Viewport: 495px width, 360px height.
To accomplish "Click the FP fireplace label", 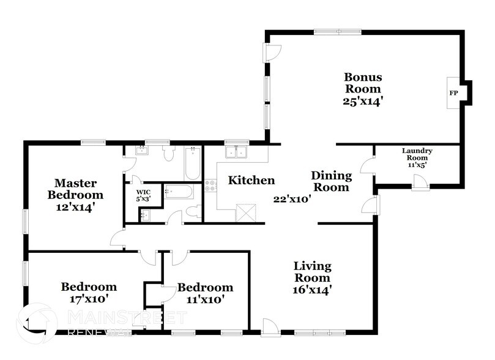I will click(x=453, y=93).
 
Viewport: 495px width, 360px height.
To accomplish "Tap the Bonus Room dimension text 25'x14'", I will click(x=363, y=102).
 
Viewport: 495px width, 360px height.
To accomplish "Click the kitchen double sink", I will click(x=236, y=152).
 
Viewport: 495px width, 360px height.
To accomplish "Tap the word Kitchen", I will click(x=251, y=181).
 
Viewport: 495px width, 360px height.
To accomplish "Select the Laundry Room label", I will click(x=417, y=155).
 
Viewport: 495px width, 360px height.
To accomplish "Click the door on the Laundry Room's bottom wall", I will click(x=420, y=181).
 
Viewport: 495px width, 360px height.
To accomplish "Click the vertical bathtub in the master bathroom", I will click(x=192, y=162).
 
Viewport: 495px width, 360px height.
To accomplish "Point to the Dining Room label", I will click(x=330, y=181).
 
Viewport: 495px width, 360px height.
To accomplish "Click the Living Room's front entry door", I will click(x=269, y=327).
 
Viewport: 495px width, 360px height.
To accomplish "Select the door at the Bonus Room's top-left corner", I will click(x=271, y=53).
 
